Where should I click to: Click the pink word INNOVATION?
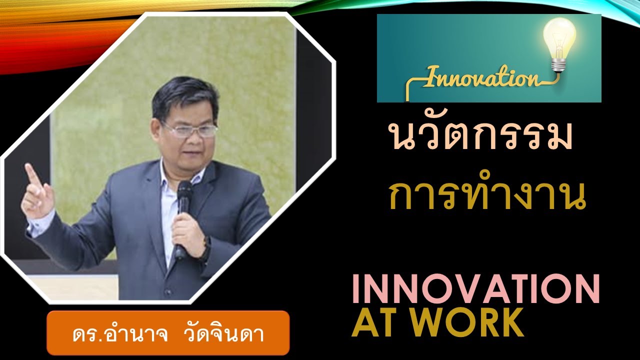pyautogui.click(x=475, y=289)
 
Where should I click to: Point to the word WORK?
pyautogui.click(x=474, y=323)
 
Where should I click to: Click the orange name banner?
pyautogui.click(x=168, y=332)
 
